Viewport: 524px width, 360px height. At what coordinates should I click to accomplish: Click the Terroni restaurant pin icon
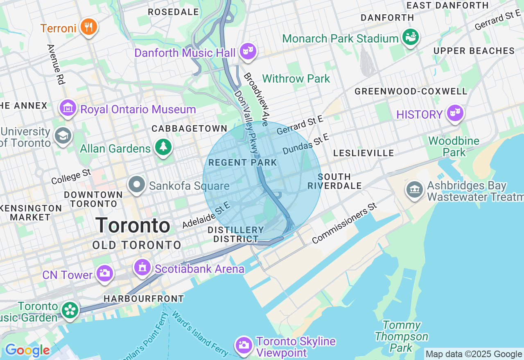[88, 27]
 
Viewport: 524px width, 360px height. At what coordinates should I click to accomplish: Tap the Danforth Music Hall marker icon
[248, 52]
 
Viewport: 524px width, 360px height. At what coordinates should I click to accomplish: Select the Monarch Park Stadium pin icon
[410, 37]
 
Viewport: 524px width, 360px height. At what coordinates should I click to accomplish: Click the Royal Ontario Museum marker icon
[68, 108]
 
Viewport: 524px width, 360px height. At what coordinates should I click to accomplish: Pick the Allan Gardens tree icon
[163, 147]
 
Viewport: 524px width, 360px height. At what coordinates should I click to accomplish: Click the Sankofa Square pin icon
[137, 184]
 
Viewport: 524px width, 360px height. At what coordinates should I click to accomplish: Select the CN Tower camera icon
[104, 273]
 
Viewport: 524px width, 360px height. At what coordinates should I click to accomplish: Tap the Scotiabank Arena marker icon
[142, 268]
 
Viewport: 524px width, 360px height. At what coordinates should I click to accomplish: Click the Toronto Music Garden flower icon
[70, 310]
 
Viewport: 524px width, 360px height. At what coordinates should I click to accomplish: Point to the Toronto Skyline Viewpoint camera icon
[244, 345]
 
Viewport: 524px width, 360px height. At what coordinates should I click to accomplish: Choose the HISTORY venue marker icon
[454, 113]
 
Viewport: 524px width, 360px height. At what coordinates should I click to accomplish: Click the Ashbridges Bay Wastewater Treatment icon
[415, 189]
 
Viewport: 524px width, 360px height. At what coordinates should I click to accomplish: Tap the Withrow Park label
[296, 79]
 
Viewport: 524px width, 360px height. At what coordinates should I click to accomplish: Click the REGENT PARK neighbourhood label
[243, 162]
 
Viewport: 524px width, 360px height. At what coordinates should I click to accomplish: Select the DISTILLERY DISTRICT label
[236, 234]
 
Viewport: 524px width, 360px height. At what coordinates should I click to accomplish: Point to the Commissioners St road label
[344, 223]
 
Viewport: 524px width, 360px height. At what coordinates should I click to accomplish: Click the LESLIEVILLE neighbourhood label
[364, 153]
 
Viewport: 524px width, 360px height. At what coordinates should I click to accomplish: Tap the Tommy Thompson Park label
[402, 337]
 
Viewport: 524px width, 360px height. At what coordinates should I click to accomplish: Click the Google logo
[27, 350]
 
